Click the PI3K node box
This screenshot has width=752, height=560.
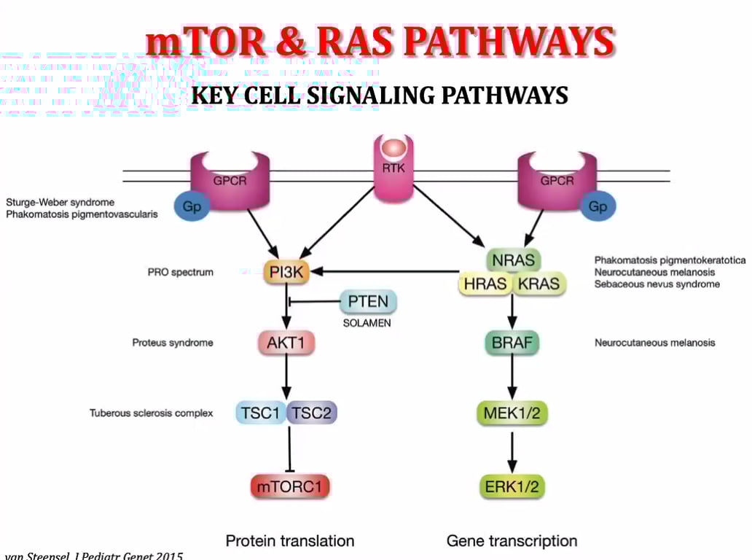pyautogui.click(x=286, y=273)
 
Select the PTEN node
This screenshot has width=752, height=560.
pyautogui.click(x=368, y=301)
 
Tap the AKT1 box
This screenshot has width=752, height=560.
pyautogui.click(x=286, y=343)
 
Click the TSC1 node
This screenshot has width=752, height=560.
pyautogui.click(x=261, y=413)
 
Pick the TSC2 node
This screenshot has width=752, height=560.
pyautogui.click(x=312, y=413)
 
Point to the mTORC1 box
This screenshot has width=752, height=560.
pyautogui.click(x=286, y=486)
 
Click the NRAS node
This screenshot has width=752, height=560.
pyautogui.click(x=512, y=260)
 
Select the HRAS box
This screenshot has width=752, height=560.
pyautogui.click(x=485, y=284)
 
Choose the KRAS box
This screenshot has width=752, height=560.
pyautogui.click(x=538, y=284)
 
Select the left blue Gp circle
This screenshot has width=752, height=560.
pyautogui.click(x=192, y=206)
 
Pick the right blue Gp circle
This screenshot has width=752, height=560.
pyautogui.click(x=598, y=206)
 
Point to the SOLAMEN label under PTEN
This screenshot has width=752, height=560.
pyautogui.click(x=367, y=323)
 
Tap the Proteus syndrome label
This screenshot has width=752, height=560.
pyautogui.click(x=173, y=343)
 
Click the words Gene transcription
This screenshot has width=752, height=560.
pyautogui.click(x=512, y=541)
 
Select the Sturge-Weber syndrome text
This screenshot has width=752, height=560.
pyautogui.click(x=60, y=202)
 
